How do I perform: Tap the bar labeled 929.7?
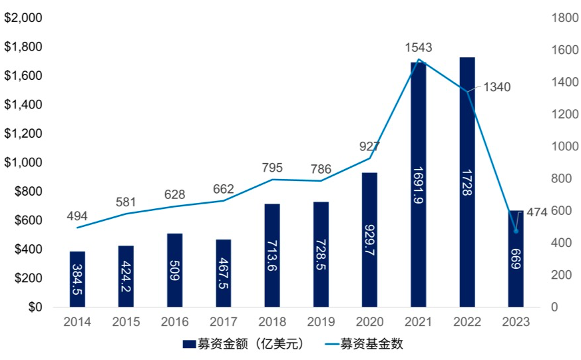click(369, 240)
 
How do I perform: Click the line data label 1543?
click(418, 47)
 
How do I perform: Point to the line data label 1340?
click(497, 87)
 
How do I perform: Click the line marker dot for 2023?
click(516, 231)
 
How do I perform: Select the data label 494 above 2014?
click(77, 216)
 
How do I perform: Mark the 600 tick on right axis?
click(560, 211)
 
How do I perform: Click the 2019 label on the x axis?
click(321, 322)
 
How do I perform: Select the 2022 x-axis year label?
click(467, 322)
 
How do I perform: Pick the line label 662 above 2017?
click(224, 188)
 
